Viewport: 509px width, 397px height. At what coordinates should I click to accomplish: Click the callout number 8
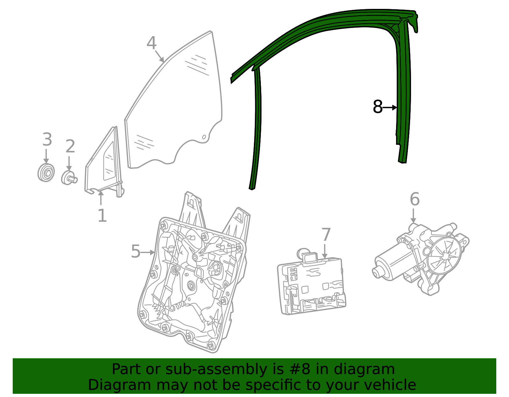click(377, 107)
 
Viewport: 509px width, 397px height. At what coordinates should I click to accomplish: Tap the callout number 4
click(151, 43)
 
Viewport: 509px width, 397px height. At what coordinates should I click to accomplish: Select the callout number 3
click(47, 140)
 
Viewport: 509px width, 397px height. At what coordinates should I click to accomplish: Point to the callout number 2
click(70, 147)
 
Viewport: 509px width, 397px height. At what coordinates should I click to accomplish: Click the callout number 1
click(102, 216)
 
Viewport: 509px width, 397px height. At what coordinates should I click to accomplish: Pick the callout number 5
click(136, 252)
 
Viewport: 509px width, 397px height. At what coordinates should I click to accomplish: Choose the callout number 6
click(415, 199)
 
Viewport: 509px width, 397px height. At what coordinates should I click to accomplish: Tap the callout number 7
click(326, 235)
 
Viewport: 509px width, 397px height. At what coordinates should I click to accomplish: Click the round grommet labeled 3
click(46, 173)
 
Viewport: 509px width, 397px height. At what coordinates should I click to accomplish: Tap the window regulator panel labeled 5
click(191, 280)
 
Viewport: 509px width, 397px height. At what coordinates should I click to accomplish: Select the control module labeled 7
click(312, 284)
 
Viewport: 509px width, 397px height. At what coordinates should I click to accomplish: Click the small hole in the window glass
click(205, 137)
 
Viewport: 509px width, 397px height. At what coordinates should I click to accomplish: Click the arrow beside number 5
click(148, 252)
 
